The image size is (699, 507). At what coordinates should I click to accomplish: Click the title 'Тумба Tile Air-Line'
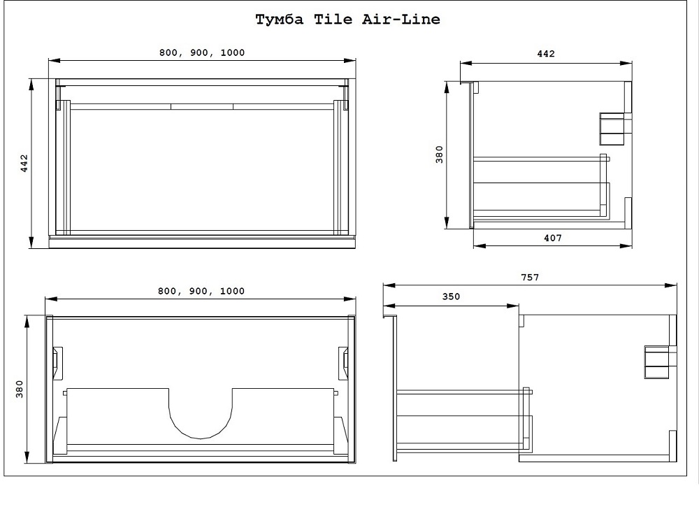tap(347, 20)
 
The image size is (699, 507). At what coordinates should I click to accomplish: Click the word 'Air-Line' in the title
tap(401, 20)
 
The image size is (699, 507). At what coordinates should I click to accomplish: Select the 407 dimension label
tap(553, 238)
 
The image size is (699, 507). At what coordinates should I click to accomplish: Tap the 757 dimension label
tap(530, 278)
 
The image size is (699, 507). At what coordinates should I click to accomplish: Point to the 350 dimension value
tap(451, 297)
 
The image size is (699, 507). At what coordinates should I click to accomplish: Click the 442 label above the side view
tap(546, 54)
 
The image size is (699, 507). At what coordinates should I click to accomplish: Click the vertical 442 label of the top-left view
tap(24, 163)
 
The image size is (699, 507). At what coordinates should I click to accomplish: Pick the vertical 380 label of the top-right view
tap(440, 155)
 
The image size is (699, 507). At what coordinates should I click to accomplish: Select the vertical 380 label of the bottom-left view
tap(19, 390)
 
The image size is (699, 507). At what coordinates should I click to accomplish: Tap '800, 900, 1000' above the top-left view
tap(202, 52)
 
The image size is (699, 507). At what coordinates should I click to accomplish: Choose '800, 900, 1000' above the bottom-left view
tap(201, 291)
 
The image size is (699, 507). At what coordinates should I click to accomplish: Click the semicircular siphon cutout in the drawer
tap(201, 413)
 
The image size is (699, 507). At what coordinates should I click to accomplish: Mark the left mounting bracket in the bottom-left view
tap(58, 363)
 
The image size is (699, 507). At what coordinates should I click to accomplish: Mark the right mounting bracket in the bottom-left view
tap(343, 363)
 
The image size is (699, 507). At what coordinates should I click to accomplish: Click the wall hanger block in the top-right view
tap(612, 129)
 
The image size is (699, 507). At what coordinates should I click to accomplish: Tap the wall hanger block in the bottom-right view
tap(657, 362)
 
